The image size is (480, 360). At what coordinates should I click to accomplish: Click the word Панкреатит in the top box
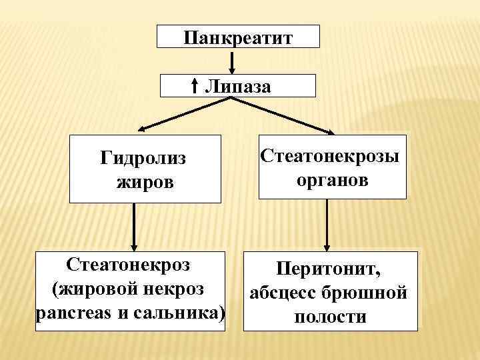coord(238,36)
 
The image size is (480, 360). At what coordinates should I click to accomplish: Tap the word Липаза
coord(238,85)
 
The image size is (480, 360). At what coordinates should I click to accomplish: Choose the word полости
coord(330,316)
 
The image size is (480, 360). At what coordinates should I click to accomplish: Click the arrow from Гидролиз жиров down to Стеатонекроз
coord(135,226)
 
